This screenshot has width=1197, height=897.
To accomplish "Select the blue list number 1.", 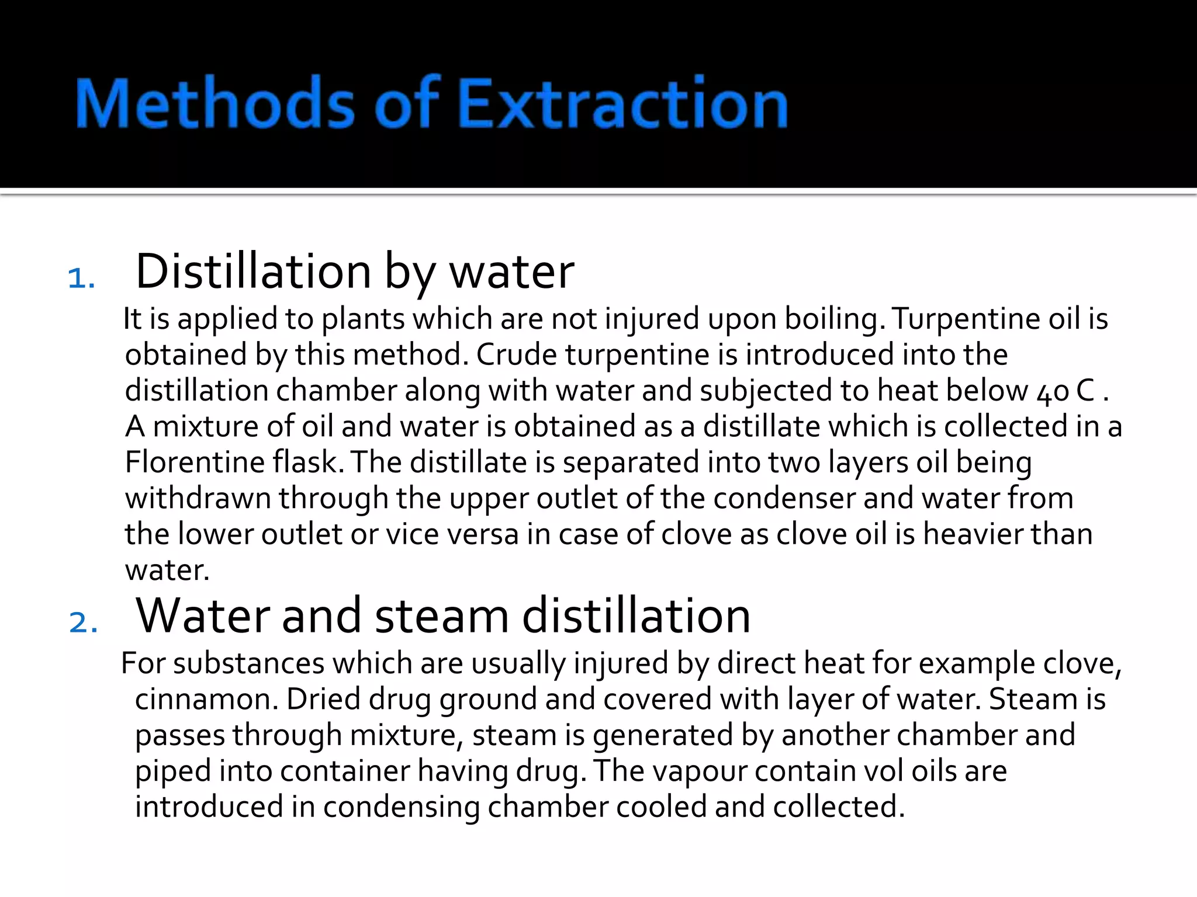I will pos(81,278).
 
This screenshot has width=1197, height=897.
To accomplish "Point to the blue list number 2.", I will pos(83,622).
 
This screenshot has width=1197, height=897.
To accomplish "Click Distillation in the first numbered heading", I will pos(254,272).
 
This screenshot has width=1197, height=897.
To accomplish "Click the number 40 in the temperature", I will pos(1053,392).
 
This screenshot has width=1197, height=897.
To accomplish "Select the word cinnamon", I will pos(206,700).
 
